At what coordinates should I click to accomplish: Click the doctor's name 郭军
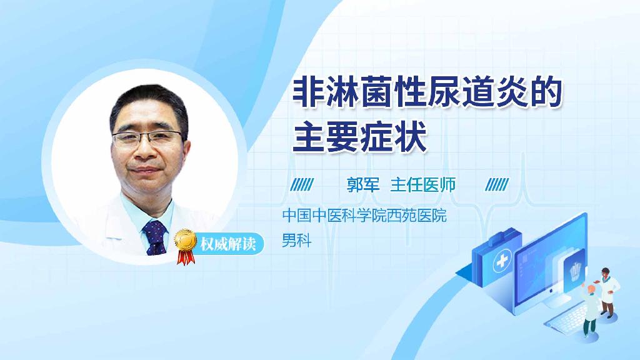tap(363, 184)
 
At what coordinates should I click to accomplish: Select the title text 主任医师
tap(422, 184)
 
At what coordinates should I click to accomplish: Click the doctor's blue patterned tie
tap(155, 237)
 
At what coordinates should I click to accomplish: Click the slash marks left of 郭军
tap(303, 184)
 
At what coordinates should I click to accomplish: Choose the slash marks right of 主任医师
tap(497, 184)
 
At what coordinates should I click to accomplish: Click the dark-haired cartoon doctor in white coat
tap(608, 289)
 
